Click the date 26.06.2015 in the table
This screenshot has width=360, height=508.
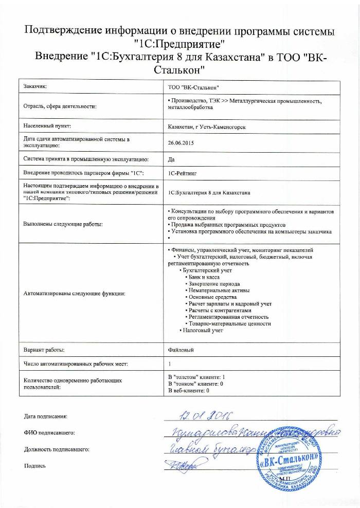[x=179, y=143]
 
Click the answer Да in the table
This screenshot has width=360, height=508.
[x=171, y=159]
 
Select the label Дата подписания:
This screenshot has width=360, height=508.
[x=46, y=415]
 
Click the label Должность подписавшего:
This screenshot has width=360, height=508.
[x=57, y=449]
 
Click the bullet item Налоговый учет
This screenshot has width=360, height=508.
[x=203, y=330]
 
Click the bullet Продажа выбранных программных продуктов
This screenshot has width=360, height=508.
[x=226, y=225]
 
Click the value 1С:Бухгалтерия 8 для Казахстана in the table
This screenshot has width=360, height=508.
[x=209, y=193]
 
